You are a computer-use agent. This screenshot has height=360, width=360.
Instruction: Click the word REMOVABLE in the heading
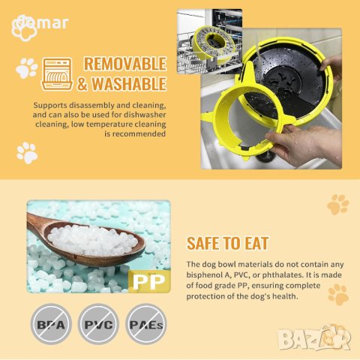(124, 64)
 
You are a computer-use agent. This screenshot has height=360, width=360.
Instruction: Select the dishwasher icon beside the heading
(58, 73)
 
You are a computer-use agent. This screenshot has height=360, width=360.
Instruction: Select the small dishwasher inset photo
(210, 41)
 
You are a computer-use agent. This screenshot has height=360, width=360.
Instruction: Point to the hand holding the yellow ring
(304, 142)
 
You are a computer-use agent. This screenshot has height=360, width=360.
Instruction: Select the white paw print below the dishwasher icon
(26, 152)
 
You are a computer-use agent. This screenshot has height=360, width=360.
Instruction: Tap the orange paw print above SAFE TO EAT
(337, 204)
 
